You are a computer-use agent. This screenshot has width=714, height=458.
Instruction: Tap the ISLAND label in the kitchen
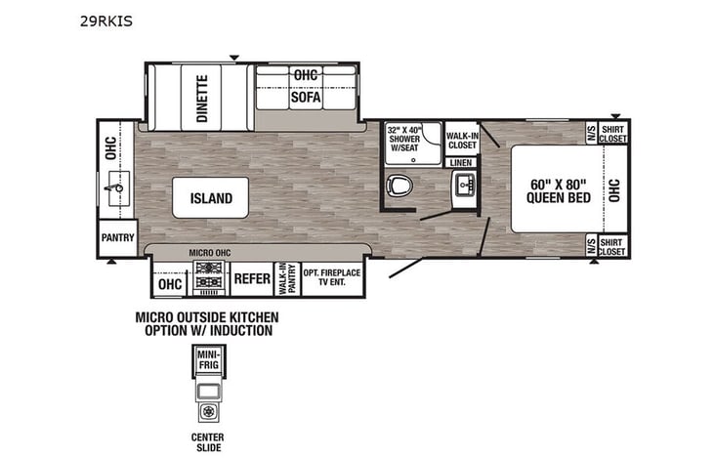211,198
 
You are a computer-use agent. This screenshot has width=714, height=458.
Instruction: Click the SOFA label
305,98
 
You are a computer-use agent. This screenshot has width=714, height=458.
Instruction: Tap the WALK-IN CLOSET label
461,140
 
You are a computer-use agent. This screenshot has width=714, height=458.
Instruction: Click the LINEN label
461,162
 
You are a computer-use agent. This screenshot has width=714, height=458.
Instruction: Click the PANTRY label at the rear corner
117,237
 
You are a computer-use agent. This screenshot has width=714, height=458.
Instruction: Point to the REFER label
251,279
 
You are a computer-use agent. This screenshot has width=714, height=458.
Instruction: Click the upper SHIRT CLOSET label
612,133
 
